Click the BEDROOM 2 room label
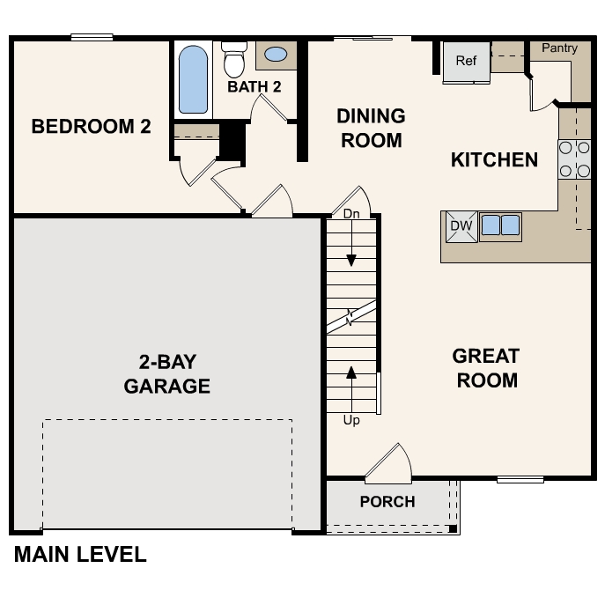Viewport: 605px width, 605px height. (x=91, y=127)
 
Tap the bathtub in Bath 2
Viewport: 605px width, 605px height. (x=194, y=79)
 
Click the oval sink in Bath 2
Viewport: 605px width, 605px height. (x=276, y=55)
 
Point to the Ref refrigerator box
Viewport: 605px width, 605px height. (x=466, y=62)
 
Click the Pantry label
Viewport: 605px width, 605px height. (x=559, y=48)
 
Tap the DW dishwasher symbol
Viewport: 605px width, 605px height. (x=461, y=226)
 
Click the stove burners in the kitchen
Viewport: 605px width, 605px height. (x=574, y=159)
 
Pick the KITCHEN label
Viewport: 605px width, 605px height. (x=494, y=160)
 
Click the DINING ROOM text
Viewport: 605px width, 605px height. (x=371, y=129)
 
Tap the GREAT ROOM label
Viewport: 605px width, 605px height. (x=485, y=368)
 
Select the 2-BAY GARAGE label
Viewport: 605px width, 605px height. (x=166, y=373)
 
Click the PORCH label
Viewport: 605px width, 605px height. (x=387, y=502)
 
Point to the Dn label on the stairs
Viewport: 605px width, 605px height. (x=351, y=214)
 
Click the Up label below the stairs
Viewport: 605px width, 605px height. (x=351, y=420)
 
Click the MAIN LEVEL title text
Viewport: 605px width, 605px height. (x=80, y=555)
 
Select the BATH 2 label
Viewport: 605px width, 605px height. (x=255, y=86)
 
